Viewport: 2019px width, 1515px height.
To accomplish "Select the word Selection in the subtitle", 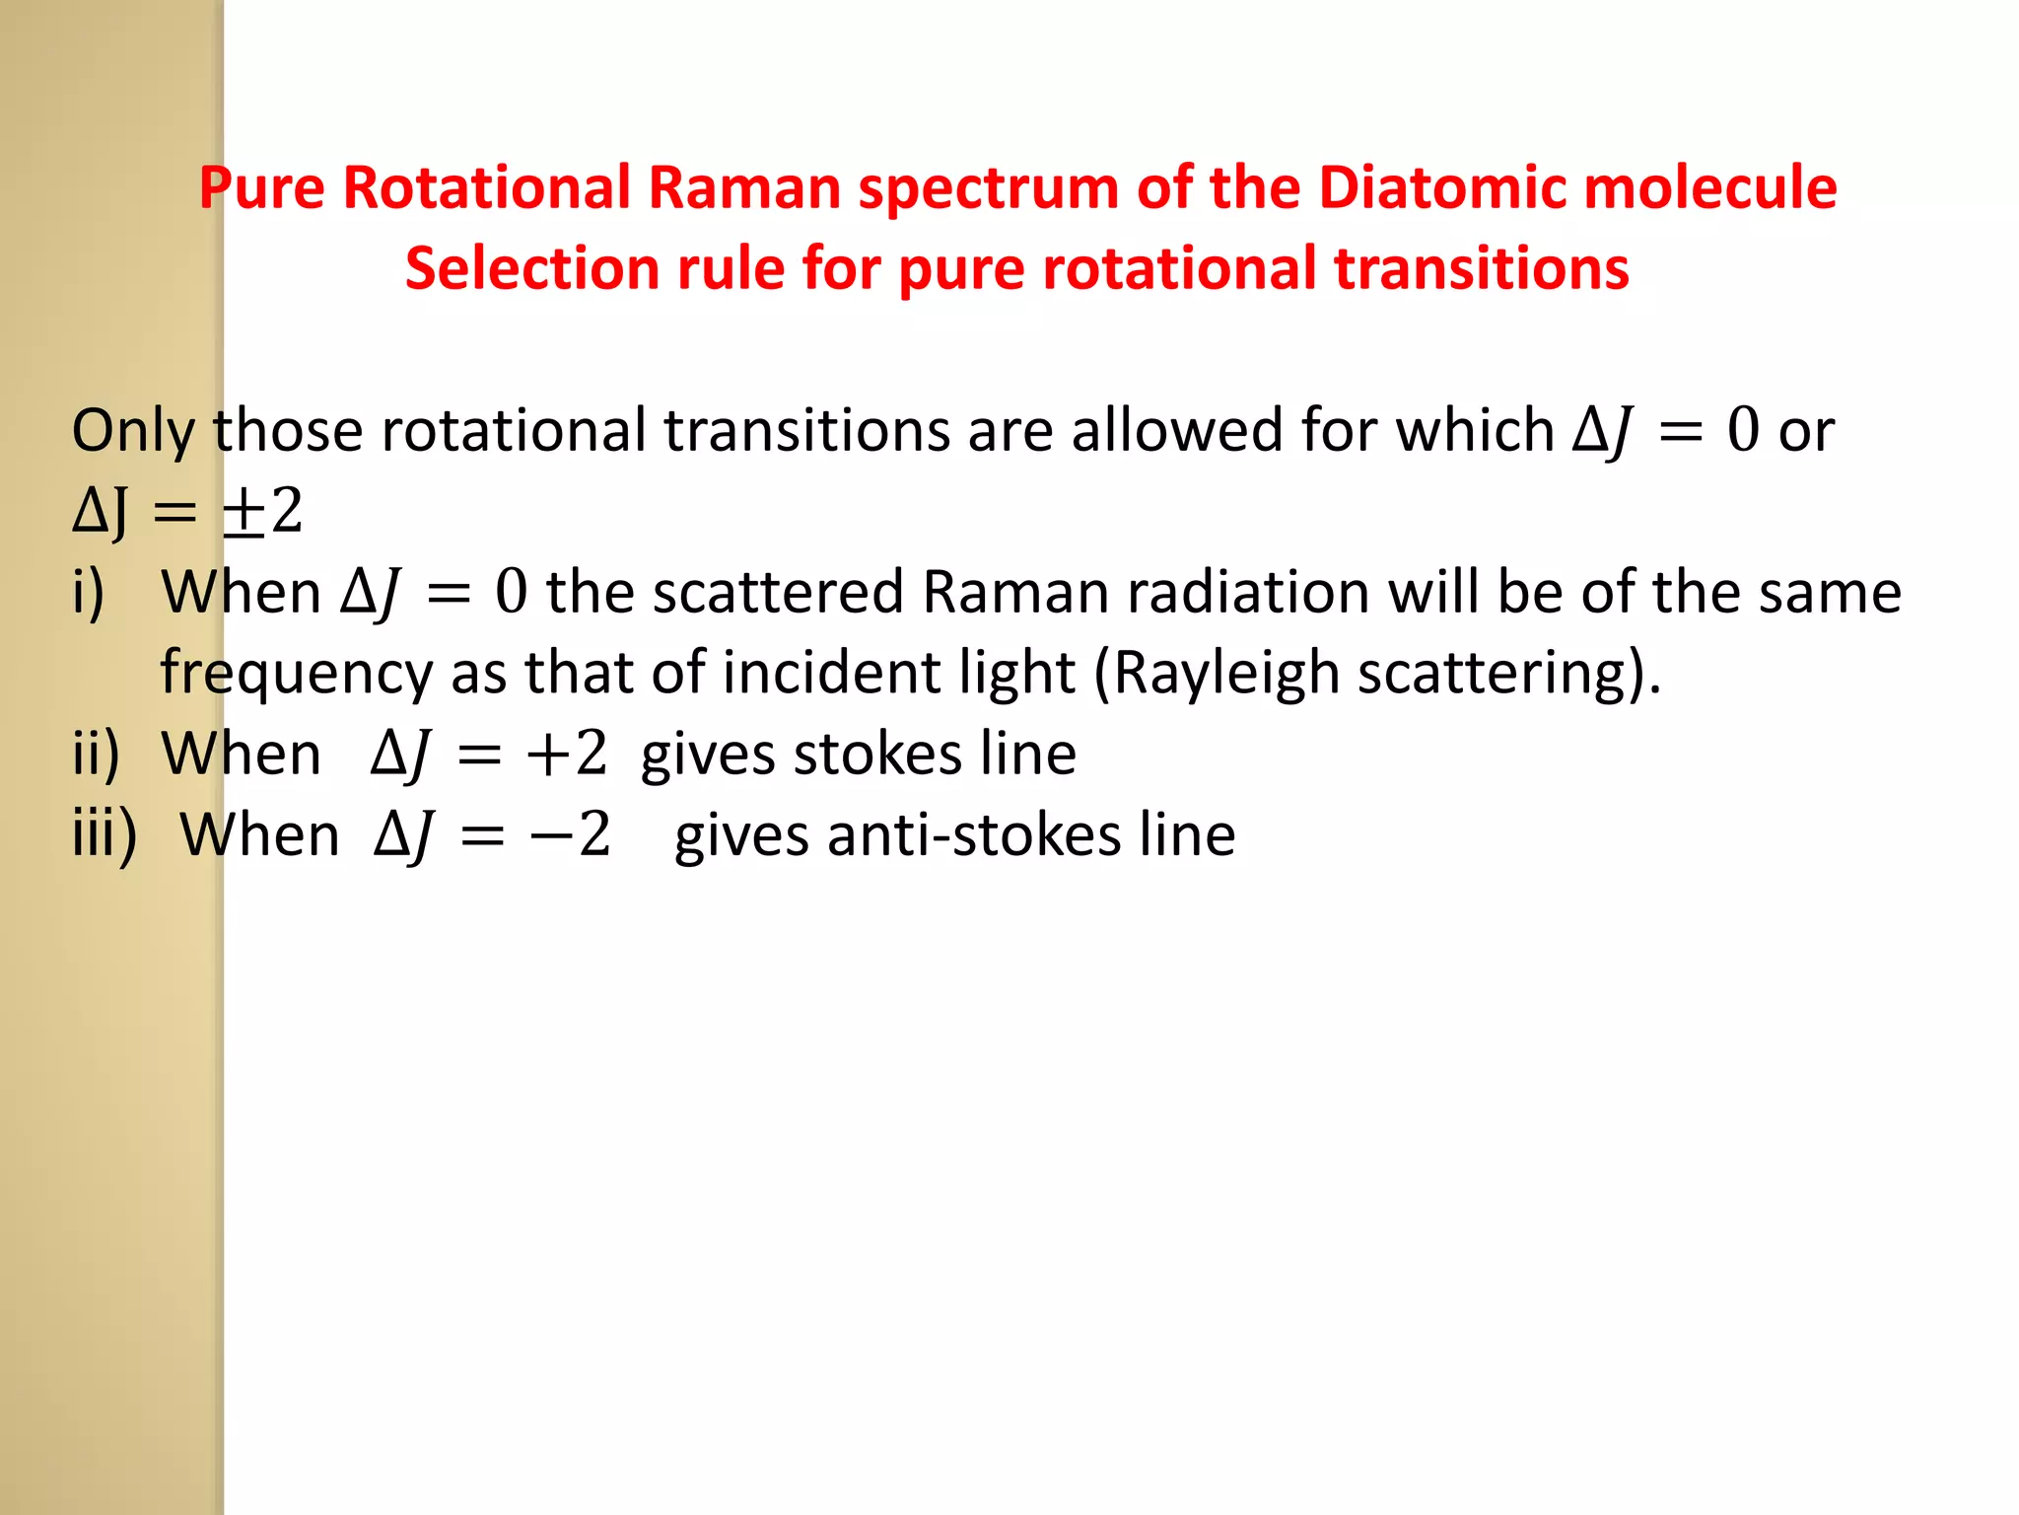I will point(532,268).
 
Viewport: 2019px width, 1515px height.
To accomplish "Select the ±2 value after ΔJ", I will point(262,512).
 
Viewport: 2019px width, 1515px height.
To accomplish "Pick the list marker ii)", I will point(97,756).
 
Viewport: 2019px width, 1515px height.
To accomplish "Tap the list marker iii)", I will point(104,836).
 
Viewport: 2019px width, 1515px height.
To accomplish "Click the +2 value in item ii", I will point(566,756).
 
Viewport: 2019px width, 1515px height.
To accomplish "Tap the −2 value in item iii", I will point(570,836).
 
